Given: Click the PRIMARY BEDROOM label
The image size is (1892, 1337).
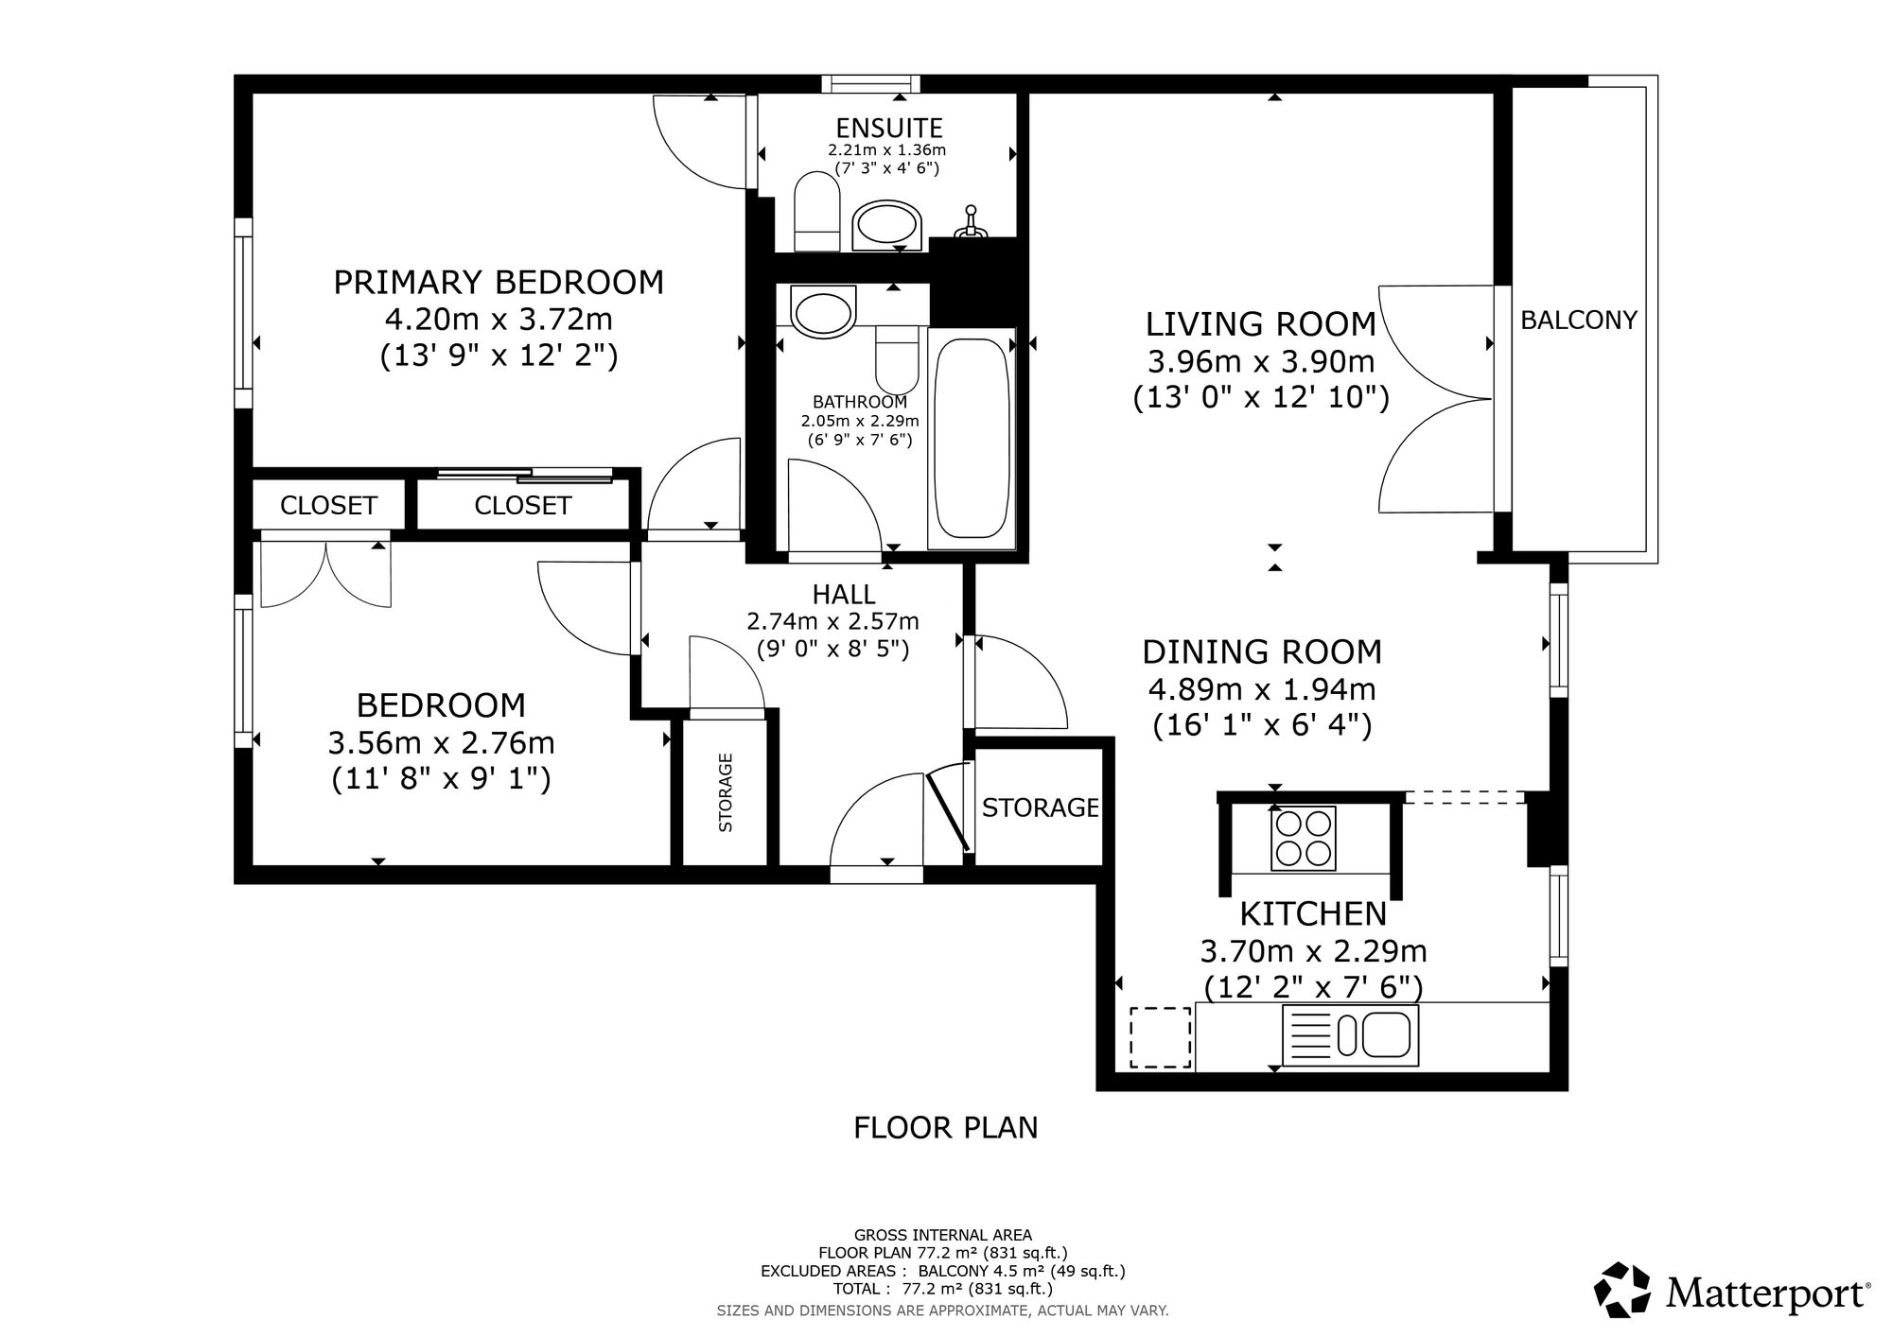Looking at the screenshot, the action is (x=499, y=282).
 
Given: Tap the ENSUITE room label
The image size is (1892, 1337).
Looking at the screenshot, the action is (x=888, y=128).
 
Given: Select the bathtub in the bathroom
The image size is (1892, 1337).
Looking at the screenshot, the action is (x=972, y=438).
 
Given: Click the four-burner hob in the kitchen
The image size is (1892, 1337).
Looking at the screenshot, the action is (x=1305, y=838).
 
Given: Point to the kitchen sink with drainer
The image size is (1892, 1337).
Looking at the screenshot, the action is (x=1351, y=1034).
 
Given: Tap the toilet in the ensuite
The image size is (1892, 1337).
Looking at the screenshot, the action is (x=817, y=212).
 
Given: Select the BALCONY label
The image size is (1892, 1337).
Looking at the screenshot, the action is (x=1578, y=321).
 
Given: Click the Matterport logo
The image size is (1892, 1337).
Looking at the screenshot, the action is (x=1732, y=1292).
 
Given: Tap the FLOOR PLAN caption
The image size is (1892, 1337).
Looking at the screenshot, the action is (x=945, y=1128).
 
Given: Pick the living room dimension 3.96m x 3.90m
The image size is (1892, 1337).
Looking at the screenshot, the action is (x=1261, y=361).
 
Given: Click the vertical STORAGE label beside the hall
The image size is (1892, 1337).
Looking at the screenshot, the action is (x=726, y=792).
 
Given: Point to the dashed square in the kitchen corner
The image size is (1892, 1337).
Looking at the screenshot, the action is (x=1161, y=1037).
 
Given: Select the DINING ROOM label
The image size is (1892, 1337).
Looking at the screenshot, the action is (x=1262, y=652).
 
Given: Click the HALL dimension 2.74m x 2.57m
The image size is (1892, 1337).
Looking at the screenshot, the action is (x=832, y=621).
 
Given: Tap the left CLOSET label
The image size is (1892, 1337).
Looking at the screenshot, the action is (x=328, y=506).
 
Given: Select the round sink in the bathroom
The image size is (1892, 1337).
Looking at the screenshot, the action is (x=823, y=312).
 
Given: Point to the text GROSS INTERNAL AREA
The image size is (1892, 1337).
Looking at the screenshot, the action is (x=942, y=1235).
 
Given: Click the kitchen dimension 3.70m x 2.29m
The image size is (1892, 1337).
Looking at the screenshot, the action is (x=1313, y=950).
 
